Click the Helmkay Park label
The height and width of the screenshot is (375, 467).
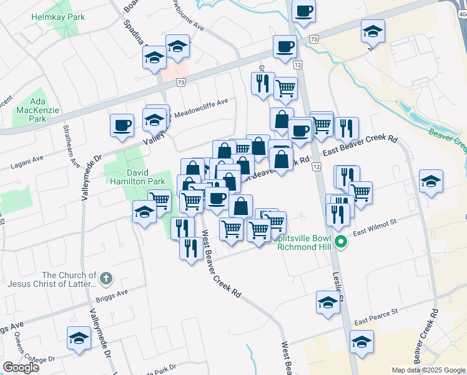point(58,17)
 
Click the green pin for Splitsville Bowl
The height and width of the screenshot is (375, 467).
point(341,241)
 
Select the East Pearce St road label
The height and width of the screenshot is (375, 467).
point(376,317)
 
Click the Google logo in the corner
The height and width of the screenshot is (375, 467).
point(21,368)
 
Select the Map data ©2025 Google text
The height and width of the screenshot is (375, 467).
point(428,370)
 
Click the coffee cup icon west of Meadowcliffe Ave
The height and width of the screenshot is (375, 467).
point(121,125)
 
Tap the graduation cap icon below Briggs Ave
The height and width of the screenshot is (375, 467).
point(79,338)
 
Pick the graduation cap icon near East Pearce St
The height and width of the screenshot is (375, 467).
point(361,342)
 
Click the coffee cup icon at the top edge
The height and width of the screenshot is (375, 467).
point(303,10)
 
